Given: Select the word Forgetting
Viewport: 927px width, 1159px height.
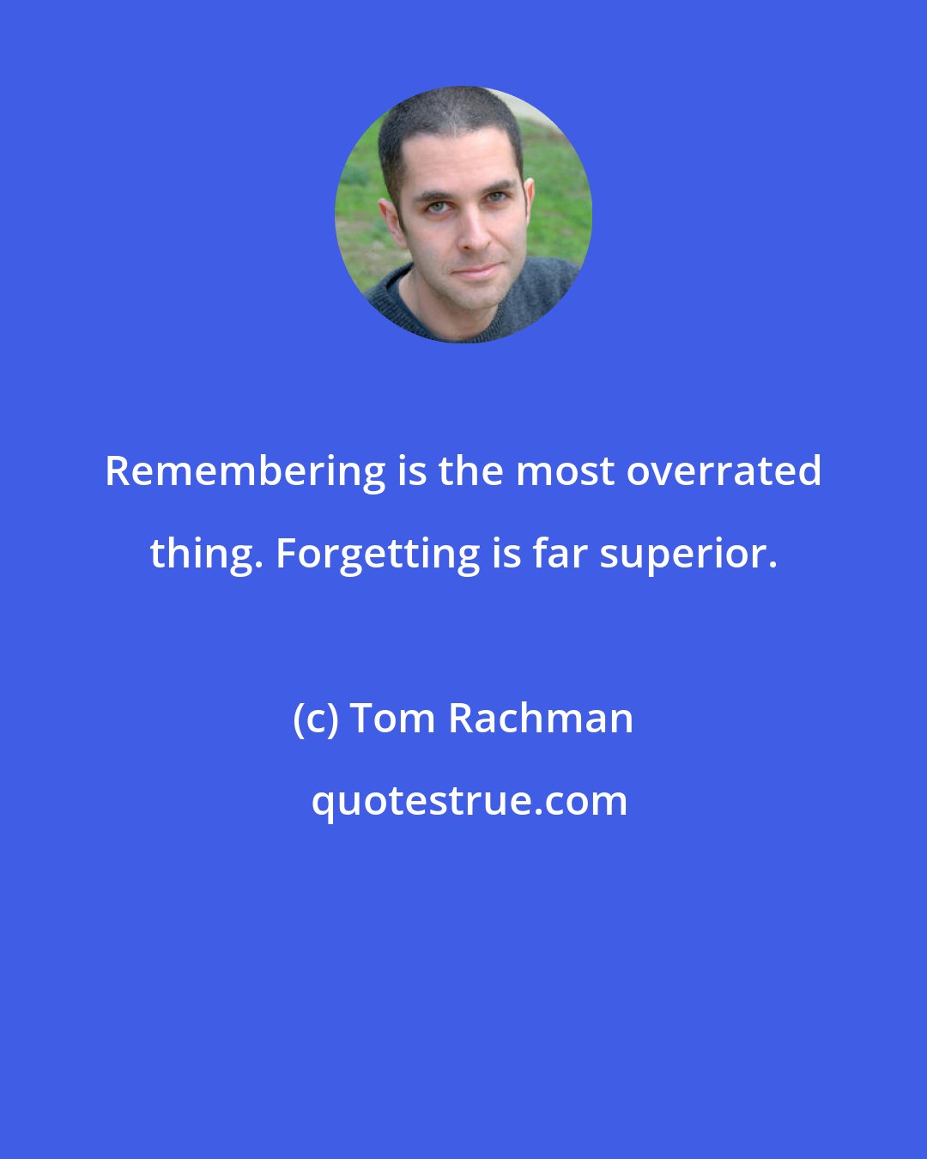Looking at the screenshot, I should point(378,554).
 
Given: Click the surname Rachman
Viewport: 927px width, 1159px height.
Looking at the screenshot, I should point(541,719).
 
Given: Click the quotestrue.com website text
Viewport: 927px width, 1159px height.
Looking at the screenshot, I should point(469,801).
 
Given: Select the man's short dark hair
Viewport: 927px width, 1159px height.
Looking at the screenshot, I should point(446,112).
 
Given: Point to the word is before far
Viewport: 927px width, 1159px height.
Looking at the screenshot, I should point(506,554).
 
